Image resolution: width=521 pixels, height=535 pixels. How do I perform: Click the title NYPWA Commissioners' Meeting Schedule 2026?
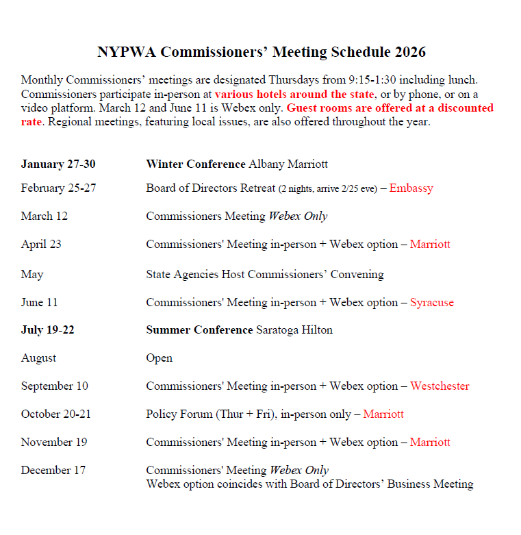[x=261, y=53]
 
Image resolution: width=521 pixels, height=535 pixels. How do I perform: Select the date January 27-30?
[x=58, y=164]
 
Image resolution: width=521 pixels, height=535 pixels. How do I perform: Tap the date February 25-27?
[x=58, y=188]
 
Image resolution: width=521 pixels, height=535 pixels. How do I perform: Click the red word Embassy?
[x=411, y=188]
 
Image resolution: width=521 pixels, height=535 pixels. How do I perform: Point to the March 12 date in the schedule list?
[x=45, y=216]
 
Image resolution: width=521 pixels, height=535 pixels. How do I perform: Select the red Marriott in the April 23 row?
[x=430, y=245]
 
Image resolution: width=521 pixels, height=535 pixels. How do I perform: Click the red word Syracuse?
[x=431, y=303]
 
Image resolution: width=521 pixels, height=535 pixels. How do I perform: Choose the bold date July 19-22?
[x=48, y=330]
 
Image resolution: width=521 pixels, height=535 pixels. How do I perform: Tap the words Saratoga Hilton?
[x=294, y=330]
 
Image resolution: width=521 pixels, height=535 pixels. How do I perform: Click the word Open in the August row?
[x=159, y=358]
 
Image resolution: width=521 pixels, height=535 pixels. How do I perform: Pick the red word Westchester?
[x=440, y=386]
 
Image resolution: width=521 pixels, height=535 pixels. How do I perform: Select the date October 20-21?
[x=55, y=414]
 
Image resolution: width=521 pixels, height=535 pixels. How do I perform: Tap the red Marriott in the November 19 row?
[x=430, y=443]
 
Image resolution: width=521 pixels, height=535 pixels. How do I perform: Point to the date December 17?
[x=54, y=471]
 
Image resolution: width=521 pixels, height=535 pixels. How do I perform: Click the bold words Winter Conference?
[x=196, y=164]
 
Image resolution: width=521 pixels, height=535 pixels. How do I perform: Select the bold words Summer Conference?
[x=199, y=330]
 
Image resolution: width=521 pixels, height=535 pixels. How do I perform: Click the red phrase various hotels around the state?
[x=294, y=95]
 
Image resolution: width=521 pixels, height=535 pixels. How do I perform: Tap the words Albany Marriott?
[x=288, y=164]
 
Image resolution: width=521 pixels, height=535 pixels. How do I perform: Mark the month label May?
[x=32, y=275]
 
